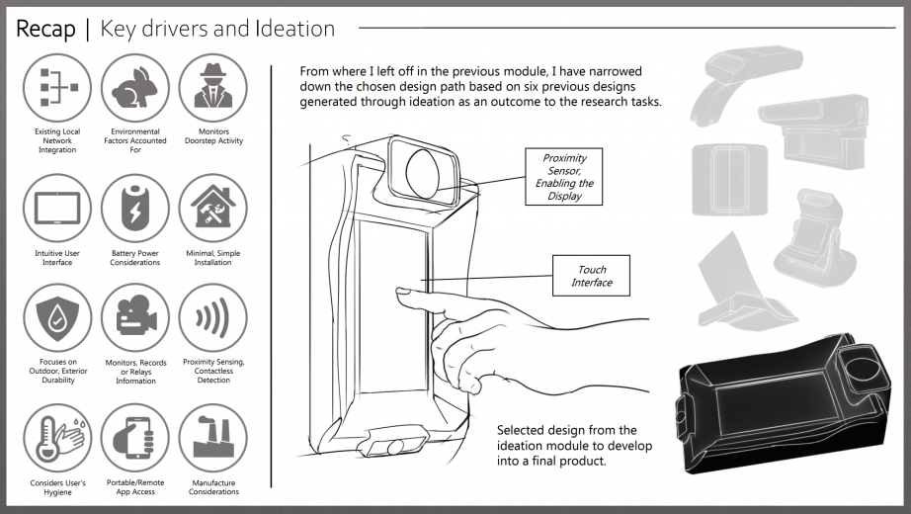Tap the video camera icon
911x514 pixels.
point(135,318)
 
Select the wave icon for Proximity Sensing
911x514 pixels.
point(213,318)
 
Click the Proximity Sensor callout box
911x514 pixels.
point(563,176)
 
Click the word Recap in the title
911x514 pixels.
point(46,30)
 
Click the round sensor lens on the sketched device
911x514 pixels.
point(423,168)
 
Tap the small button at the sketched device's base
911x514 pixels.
point(394,447)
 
